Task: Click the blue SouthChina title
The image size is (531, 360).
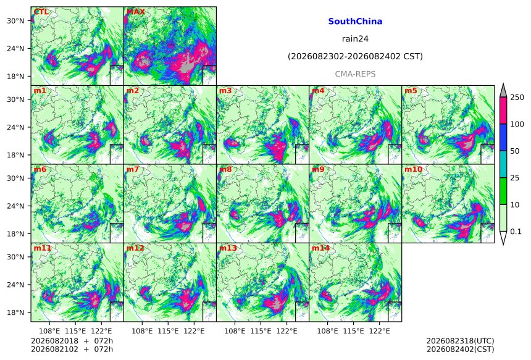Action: pyautogui.click(x=355, y=22)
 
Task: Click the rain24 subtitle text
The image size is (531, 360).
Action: pyautogui.click(x=355, y=39)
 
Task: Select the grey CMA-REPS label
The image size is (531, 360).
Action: pyautogui.click(x=355, y=74)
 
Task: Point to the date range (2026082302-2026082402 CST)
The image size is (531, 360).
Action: pyautogui.click(x=355, y=56)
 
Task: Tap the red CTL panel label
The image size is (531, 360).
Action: pyautogui.click(x=41, y=12)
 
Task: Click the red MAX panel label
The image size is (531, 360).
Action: pyautogui.click(x=135, y=12)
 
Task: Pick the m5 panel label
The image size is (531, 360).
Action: pyautogui.click(x=411, y=91)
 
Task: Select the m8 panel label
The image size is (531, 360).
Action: pyautogui.click(x=225, y=169)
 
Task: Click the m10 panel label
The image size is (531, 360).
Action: pyautogui.click(x=413, y=169)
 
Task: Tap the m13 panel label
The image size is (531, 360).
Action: pyautogui.click(x=228, y=248)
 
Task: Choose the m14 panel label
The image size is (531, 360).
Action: pyautogui.click(x=320, y=248)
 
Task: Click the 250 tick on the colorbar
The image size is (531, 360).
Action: pyautogui.click(x=517, y=98)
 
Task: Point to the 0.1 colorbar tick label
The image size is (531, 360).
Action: pyautogui.click(x=516, y=232)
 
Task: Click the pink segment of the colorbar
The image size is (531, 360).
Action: pyautogui.click(x=503, y=111)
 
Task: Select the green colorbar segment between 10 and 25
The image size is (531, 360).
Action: pyautogui.click(x=503, y=191)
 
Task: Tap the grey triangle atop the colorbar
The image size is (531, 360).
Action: pyautogui.click(x=503, y=91)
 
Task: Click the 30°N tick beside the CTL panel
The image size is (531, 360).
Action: pyautogui.click(x=15, y=21)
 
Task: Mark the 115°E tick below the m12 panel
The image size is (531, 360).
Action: pyautogui.click(x=169, y=331)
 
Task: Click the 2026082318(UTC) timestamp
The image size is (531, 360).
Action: pyautogui.click(x=460, y=341)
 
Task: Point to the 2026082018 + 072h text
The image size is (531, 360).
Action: pyautogui.click(x=72, y=341)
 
